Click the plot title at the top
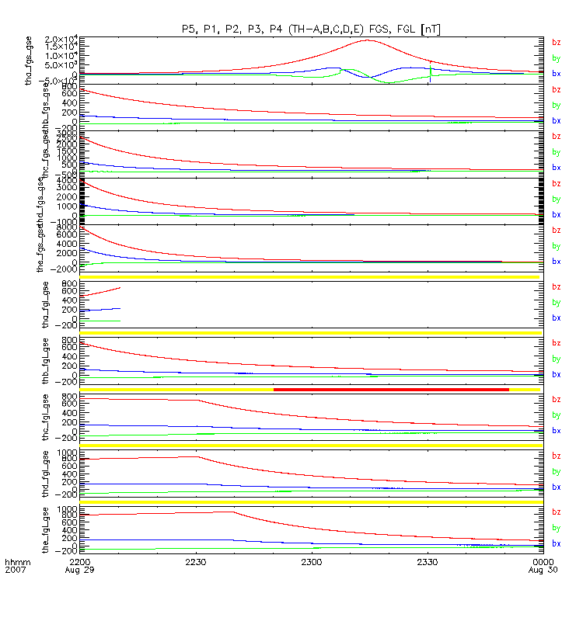point(310,29)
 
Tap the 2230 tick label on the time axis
point(196,560)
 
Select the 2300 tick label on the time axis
point(312,560)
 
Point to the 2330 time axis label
point(428,560)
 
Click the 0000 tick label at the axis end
point(542,560)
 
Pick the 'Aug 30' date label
point(542,570)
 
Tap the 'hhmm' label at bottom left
point(16,560)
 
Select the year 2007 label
point(16,570)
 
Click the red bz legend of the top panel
point(556,43)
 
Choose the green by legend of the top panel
point(556,58)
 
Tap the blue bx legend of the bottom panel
point(556,543)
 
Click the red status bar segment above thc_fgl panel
point(391,389)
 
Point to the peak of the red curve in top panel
point(368,40)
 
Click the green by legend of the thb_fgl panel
point(556,359)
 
